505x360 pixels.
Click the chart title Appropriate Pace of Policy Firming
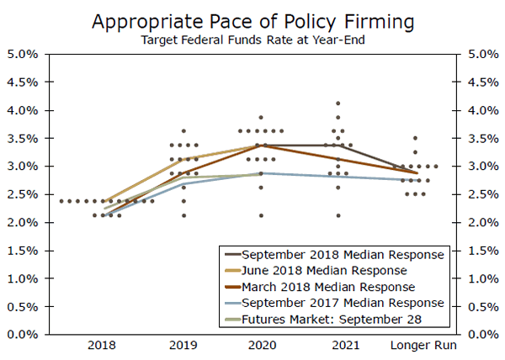[x=252, y=20]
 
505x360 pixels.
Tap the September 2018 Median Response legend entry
[x=342, y=254]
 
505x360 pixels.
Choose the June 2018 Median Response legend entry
[x=324, y=270]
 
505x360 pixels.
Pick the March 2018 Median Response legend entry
[x=327, y=286]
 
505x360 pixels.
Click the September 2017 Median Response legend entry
[x=342, y=302]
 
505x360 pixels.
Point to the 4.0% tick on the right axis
[x=477, y=110]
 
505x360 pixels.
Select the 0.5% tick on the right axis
[x=477, y=306]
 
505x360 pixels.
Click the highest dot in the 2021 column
[x=338, y=103]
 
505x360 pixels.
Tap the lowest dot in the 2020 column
[x=261, y=215]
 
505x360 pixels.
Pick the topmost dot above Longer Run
[x=415, y=138]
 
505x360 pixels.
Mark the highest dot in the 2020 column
[x=261, y=117]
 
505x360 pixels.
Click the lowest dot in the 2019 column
[x=184, y=215]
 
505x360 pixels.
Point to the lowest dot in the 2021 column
[x=338, y=215]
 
